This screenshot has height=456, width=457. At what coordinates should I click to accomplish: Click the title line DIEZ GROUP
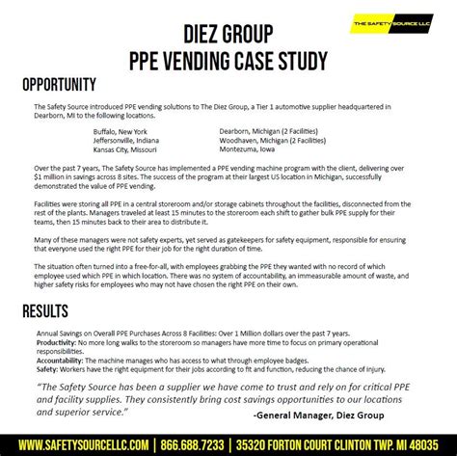(228, 36)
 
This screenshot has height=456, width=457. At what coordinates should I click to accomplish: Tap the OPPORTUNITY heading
(58, 85)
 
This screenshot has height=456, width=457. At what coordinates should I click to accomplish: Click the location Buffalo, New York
(121, 130)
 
